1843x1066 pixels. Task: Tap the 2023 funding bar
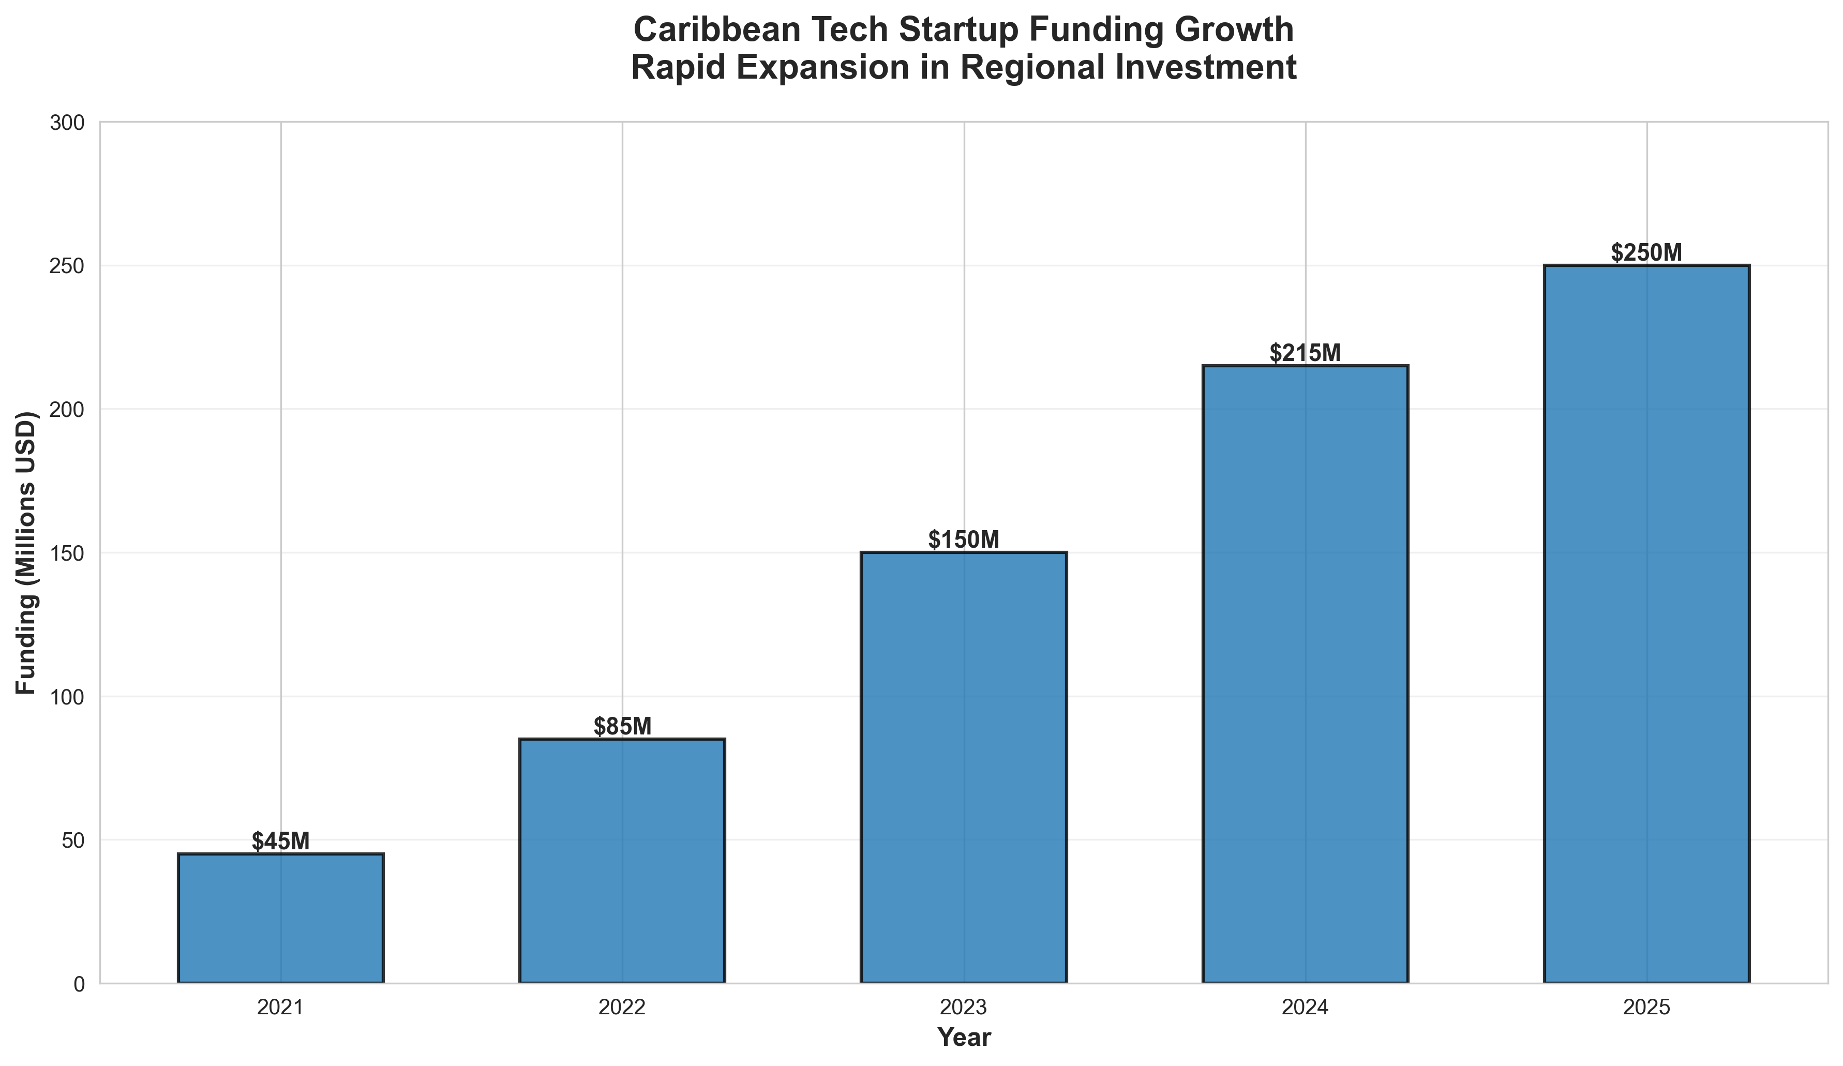pyautogui.click(x=964, y=768)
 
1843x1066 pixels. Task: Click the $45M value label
pyautogui.click(x=281, y=842)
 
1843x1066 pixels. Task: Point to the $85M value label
pyautogui.click(x=622, y=727)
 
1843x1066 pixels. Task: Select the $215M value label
pyautogui.click(x=1306, y=353)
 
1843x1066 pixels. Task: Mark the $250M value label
pyautogui.click(x=1647, y=252)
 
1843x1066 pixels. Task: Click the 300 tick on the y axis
pyautogui.click(x=67, y=123)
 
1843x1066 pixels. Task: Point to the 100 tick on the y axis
pyautogui.click(x=67, y=697)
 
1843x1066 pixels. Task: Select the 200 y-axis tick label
pyautogui.click(x=67, y=410)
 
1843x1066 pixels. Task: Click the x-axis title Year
pyautogui.click(x=964, y=1038)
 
